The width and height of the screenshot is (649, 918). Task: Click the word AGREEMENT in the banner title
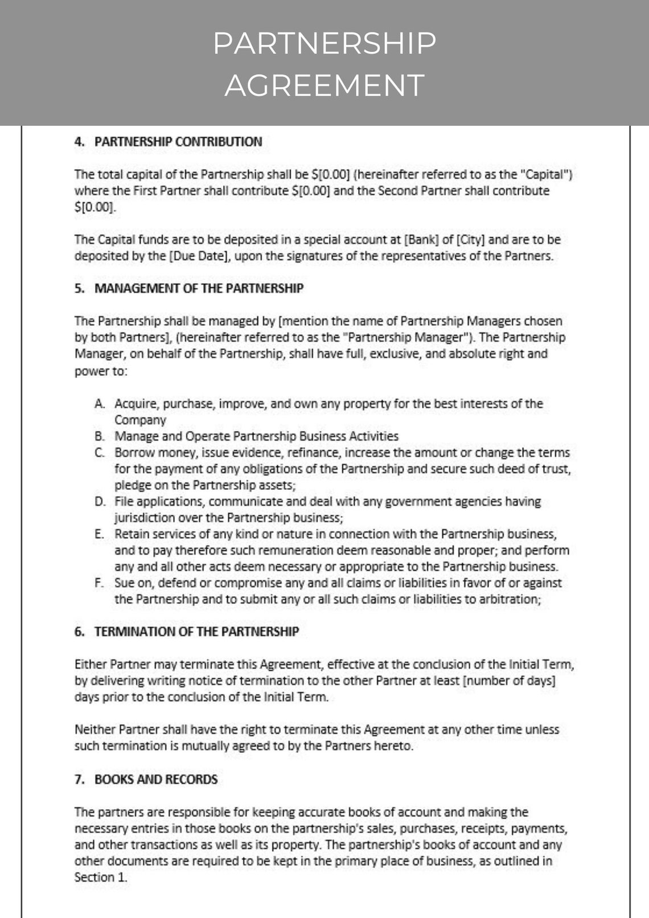(x=324, y=85)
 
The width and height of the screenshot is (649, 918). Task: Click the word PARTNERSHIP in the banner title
(x=324, y=43)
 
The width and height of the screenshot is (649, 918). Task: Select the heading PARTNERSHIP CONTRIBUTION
(x=178, y=142)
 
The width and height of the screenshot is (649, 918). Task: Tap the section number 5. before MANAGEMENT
(x=79, y=288)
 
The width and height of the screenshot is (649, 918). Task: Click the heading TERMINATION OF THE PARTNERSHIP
(x=196, y=632)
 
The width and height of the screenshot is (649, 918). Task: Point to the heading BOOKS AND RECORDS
(x=156, y=779)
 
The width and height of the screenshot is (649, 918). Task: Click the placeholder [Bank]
(x=421, y=240)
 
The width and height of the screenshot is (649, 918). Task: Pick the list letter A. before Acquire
(x=100, y=404)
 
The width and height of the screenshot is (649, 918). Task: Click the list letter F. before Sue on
(x=99, y=583)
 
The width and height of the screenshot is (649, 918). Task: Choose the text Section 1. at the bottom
(x=101, y=878)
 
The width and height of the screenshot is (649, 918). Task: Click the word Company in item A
(x=140, y=420)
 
